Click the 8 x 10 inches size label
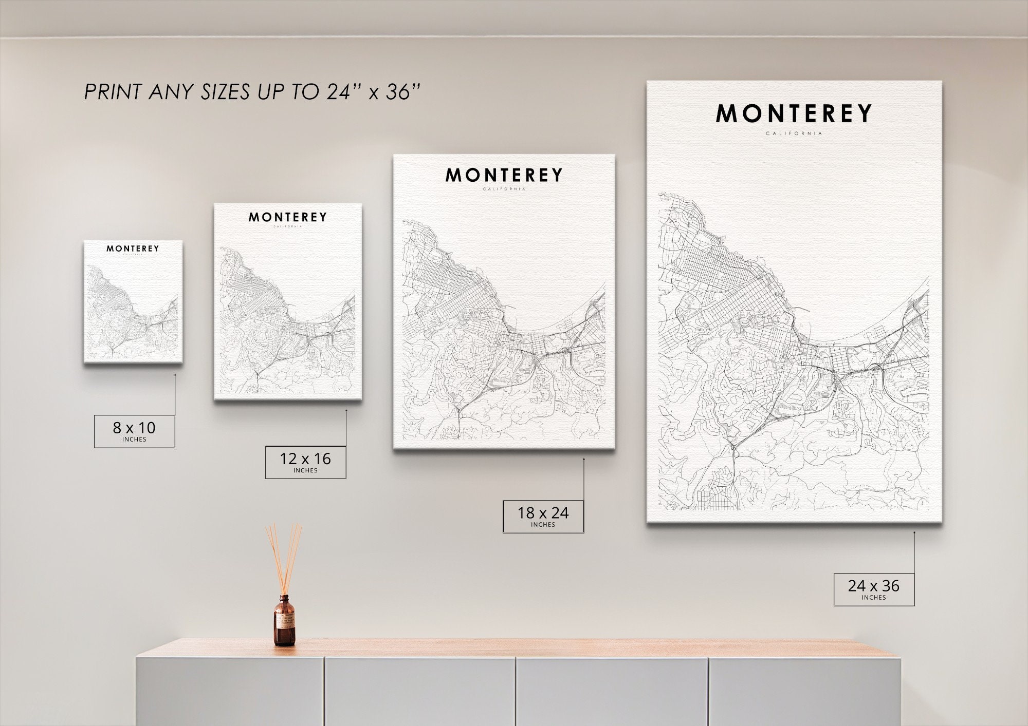pyautogui.click(x=134, y=431)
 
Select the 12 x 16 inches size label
pyautogui.click(x=305, y=462)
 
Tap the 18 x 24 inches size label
pyautogui.click(x=543, y=516)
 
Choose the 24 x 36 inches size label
pyautogui.click(x=874, y=589)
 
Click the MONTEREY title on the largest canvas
pyautogui.click(x=794, y=114)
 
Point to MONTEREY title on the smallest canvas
pyautogui.click(x=133, y=249)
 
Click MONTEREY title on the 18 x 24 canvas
pyautogui.click(x=504, y=176)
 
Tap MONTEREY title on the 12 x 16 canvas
pyautogui.click(x=288, y=217)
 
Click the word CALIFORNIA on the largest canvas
pyautogui.click(x=794, y=133)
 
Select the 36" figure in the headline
pyautogui.click(x=403, y=92)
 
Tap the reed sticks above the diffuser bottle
pyautogui.click(x=283, y=557)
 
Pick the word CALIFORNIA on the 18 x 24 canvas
pyautogui.click(x=504, y=189)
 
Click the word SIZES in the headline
pyautogui.click(x=224, y=92)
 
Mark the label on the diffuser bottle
pyautogui.click(x=284, y=622)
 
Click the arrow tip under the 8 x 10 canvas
pyautogui.click(x=175, y=375)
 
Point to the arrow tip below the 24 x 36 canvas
pyautogui.click(x=914, y=532)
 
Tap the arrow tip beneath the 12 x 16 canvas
pyautogui.click(x=346, y=410)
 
